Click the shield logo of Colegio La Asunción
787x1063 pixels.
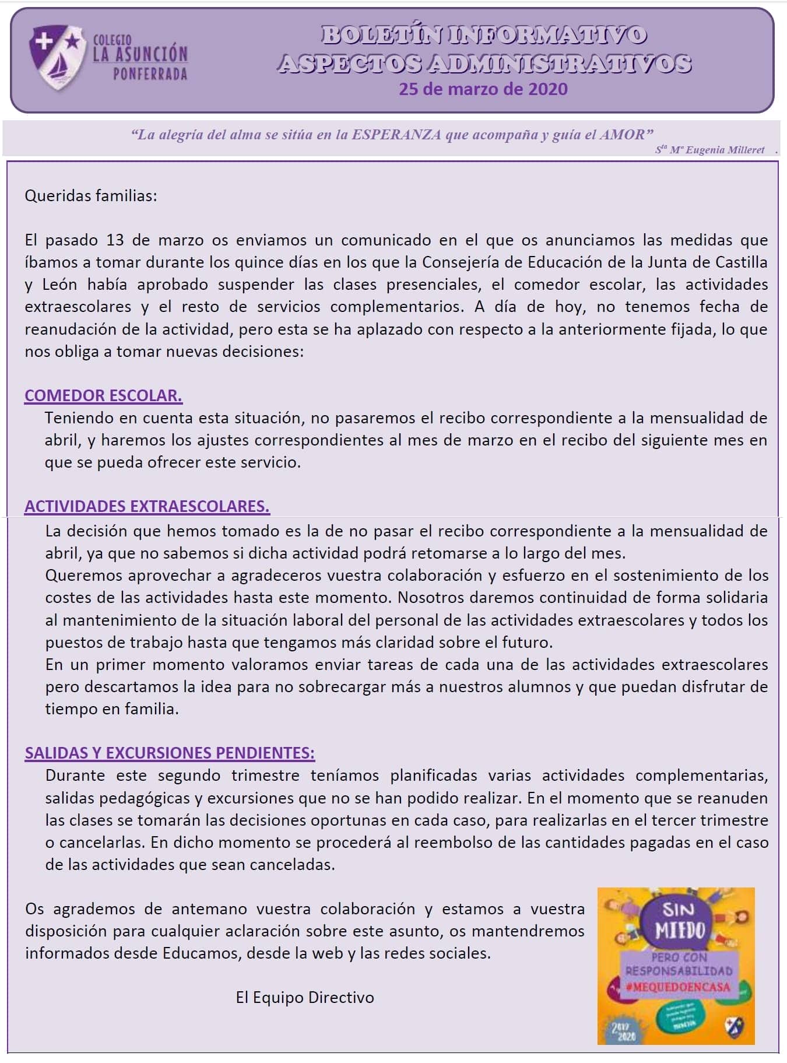click(x=56, y=57)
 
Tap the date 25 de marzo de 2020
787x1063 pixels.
click(x=483, y=89)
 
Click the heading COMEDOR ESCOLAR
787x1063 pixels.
click(x=103, y=395)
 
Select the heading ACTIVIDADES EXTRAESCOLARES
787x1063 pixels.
click(x=147, y=506)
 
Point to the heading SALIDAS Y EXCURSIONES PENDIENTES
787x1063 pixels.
click(x=170, y=753)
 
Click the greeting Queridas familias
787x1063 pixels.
click(x=91, y=195)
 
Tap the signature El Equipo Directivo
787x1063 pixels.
click(x=305, y=997)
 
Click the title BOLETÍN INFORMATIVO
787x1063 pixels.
click(x=483, y=35)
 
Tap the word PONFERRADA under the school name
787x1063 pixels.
click(x=150, y=75)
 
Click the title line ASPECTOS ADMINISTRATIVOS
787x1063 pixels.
click(x=483, y=63)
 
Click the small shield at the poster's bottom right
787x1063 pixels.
click(x=733, y=1027)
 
